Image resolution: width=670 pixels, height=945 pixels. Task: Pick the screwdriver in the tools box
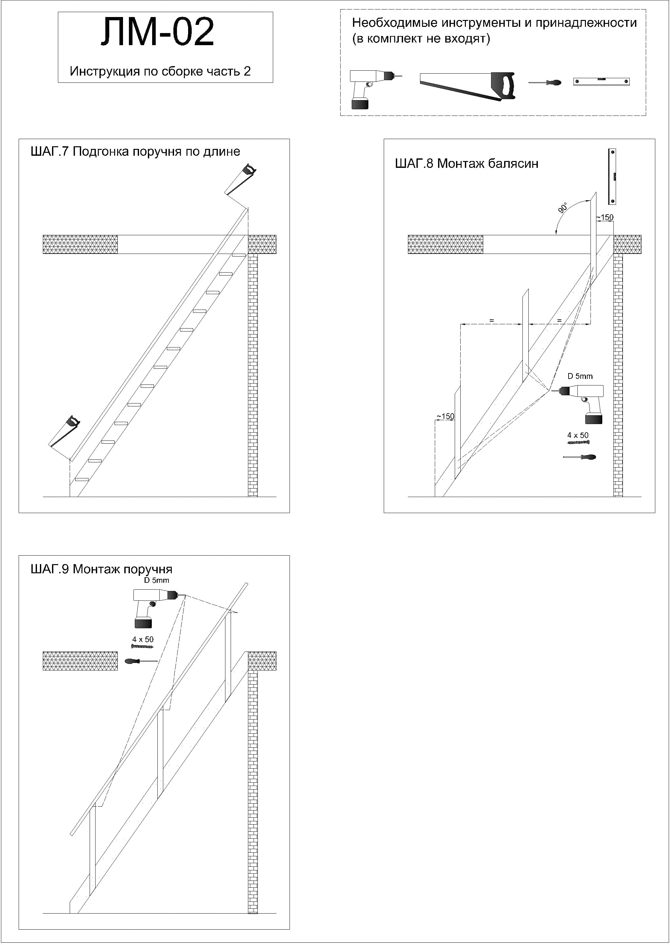[545, 83]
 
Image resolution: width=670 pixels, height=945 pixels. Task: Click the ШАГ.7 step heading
[135, 152]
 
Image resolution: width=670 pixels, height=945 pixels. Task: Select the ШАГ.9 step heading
[101, 569]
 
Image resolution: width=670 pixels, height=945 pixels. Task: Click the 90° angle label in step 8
[563, 207]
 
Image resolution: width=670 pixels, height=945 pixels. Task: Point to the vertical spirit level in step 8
[613, 177]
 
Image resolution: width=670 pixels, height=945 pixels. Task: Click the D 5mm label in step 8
[580, 376]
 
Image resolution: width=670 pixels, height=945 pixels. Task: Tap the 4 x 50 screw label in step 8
[578, 435]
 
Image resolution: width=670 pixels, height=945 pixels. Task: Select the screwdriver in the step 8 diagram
[580, 457]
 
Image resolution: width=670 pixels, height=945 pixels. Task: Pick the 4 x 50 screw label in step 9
[143, 639]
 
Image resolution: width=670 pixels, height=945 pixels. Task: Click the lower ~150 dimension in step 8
[446, 416]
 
